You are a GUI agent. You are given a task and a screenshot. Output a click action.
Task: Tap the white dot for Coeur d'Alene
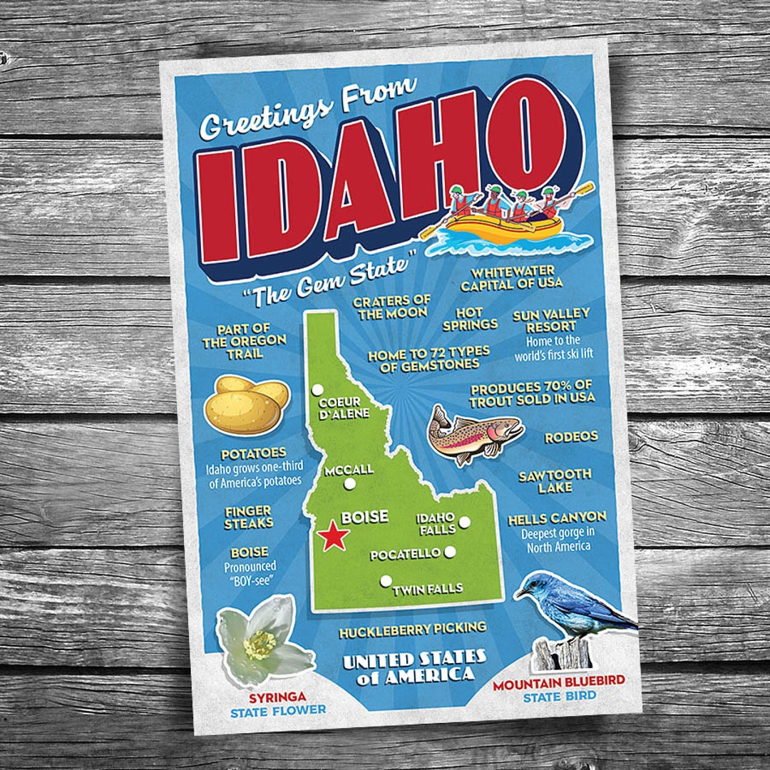click(x=318, y=390)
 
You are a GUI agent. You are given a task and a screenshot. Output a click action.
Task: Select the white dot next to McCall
click(x=349, y=484)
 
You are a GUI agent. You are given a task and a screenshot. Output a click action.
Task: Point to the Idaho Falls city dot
click(x=464, y=522)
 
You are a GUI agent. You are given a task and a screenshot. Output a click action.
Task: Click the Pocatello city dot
click(x=450, y=552)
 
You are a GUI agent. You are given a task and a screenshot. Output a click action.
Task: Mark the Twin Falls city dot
click(x=386, y=581)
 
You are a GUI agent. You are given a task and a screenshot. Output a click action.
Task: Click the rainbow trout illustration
click(x=474, y=433)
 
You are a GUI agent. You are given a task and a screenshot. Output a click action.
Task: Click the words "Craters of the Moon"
click(x=391, y=307)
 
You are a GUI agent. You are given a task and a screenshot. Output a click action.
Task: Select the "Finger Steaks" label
click(x=249, y=517)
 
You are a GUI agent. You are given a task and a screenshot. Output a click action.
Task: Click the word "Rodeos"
click(x=571, y=437)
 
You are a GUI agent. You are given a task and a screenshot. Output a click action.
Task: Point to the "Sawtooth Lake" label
click(x=555, y=481)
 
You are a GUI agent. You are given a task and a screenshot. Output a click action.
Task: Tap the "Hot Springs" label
click(x=470, y=319)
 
